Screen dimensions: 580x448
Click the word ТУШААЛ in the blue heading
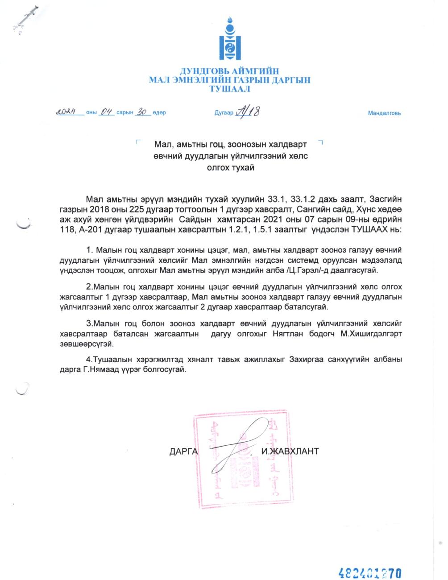(230, 89)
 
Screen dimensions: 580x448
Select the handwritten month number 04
(106, 112)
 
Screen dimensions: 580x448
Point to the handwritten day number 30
(142, 112)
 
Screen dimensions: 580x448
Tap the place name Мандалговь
(384, 113)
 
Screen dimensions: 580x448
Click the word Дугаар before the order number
(224, 113)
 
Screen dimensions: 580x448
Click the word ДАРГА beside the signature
(183, 451)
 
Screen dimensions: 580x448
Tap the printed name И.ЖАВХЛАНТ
(290, 451)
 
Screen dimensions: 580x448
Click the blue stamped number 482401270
(370, 572)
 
